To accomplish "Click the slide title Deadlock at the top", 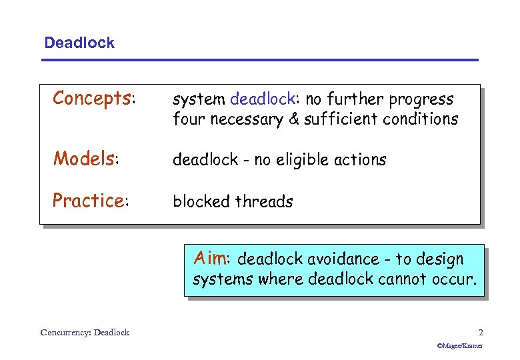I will click(x=79, y=43).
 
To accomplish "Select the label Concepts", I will click(x=92, y=99).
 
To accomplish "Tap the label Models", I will click(x=84, y=159).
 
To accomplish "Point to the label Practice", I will click(x=88, y=200).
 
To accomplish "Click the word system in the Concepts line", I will click(x=199, y=100).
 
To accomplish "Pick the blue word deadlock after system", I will click(x=262, y=99).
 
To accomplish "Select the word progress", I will click(x=421, y=100).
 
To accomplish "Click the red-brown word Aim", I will click(x=209, y=257).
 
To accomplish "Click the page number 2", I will click(x=481, y=332).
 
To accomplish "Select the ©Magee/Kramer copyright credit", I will click(x=459, y=346).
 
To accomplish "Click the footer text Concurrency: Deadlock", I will click(x=85, y=332).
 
